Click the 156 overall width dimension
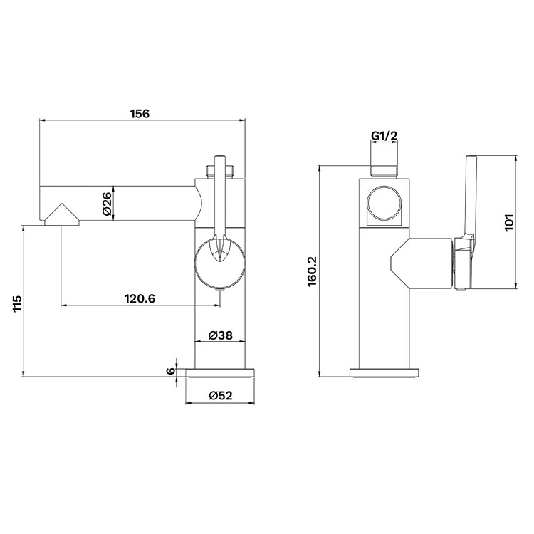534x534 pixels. click(x=140, y=113)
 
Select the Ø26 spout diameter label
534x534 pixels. click(x=107, y=204)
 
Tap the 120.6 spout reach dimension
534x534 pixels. click(x=140, y=298)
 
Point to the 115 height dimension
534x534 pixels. click(x=18, y=303)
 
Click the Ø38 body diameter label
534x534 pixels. click(x=220, y=335)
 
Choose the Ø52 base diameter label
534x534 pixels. click(x=220, y=395)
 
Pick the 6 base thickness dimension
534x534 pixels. click(x=171, y=371)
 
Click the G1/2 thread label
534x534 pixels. click(x=384, y=136)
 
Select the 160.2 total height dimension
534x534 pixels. click(x=313, y=271)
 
